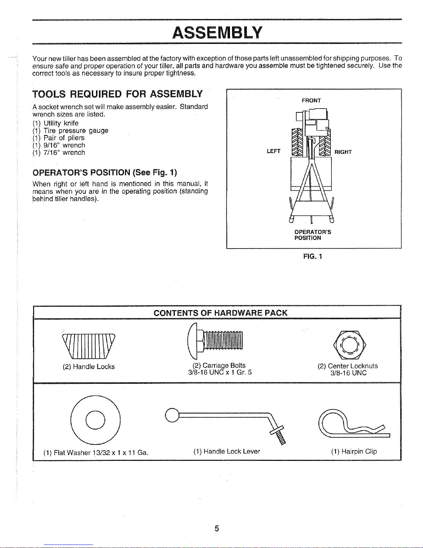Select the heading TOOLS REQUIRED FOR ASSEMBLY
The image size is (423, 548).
[117, 94]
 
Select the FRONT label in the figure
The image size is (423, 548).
[311, 101]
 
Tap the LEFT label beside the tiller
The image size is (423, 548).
[273, 151]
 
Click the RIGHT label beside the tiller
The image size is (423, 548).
[343, 152]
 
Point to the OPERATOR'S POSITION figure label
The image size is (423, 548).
[313, 235]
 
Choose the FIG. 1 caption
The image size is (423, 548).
[313, 257]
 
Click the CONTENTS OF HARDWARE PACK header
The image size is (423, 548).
[220, 313]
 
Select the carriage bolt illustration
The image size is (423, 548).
[215, 341]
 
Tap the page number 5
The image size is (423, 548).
[217, 528]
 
